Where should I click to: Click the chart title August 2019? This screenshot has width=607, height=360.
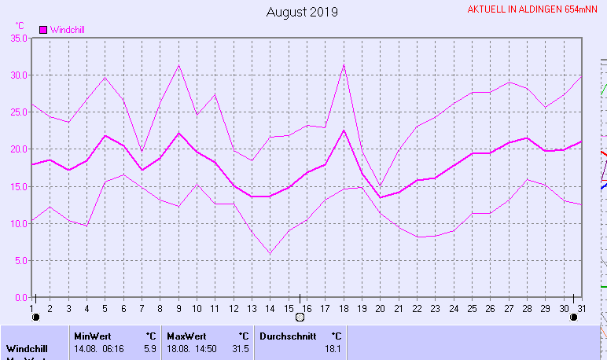point(302,12)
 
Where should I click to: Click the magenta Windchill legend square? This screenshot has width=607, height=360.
point(43,30)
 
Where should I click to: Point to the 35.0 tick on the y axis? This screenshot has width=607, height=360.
point(17,38)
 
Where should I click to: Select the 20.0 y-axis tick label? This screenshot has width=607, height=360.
point(17,149)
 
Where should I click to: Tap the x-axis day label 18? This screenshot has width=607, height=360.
point(344,307)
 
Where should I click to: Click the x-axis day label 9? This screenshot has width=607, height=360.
point(178,307)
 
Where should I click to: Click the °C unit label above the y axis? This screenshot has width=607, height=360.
point(20,25)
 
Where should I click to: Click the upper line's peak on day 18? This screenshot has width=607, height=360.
point(344,64)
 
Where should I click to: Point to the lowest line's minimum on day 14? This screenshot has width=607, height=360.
point(270,253)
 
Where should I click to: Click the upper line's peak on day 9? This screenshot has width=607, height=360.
point(179,65)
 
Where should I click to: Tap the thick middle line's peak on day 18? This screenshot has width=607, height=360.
point(344,130)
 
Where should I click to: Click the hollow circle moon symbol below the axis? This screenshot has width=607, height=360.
point(299,318)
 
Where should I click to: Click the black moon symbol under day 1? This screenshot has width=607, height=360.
point(35,318)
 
